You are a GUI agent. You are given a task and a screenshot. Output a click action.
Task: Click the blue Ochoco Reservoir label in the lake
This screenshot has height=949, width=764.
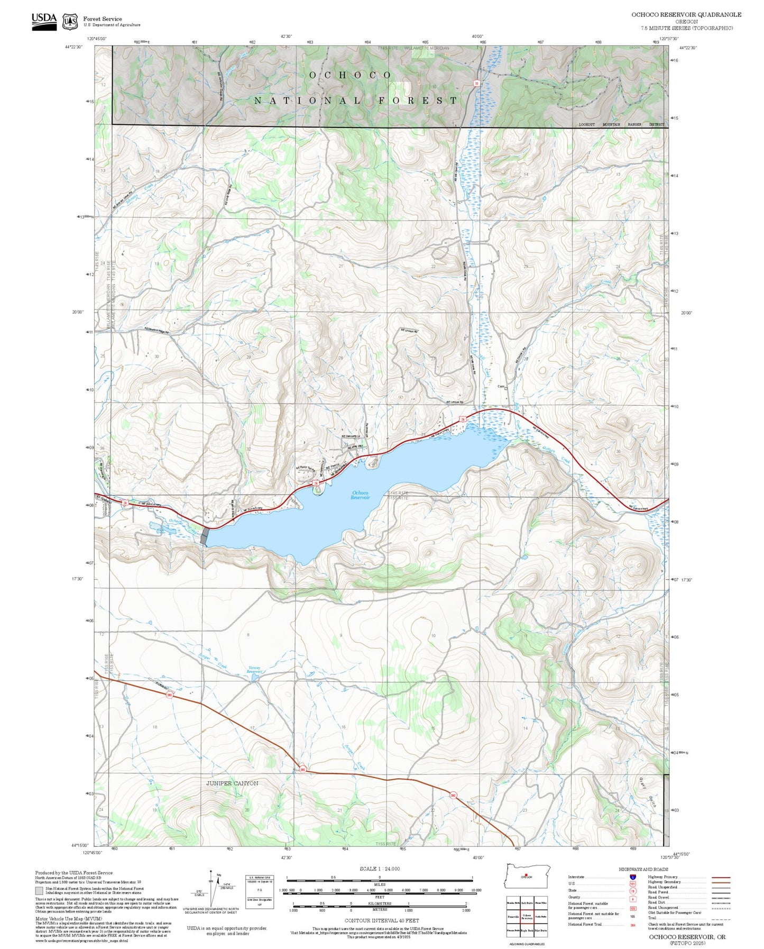click(360, 495)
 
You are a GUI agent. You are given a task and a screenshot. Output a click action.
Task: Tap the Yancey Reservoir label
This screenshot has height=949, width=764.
click(255, 669)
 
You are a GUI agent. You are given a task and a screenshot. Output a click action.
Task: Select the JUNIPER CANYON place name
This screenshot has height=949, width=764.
click(232, 783)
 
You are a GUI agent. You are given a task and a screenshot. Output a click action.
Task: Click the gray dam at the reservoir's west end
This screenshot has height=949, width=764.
click(205, 536)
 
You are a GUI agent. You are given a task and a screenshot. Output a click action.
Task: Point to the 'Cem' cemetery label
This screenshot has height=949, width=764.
click(501, 386)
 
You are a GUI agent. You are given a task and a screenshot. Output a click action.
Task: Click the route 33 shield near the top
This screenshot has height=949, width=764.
click(476, 83)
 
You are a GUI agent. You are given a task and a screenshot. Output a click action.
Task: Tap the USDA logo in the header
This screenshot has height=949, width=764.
click(44, 21)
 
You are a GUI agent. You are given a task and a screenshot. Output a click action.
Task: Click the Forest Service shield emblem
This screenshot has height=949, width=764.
click(70, 22)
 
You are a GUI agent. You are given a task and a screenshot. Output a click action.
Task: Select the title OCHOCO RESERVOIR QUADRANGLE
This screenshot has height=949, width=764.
click(686, 15)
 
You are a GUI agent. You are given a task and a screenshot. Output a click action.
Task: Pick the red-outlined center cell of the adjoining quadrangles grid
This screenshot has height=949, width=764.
click(527, 917)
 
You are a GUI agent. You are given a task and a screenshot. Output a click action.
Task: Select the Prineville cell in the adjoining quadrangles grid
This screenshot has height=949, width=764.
click(513, 917)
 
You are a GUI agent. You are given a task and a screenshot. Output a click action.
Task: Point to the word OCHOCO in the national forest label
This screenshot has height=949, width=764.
click(350, 75)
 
